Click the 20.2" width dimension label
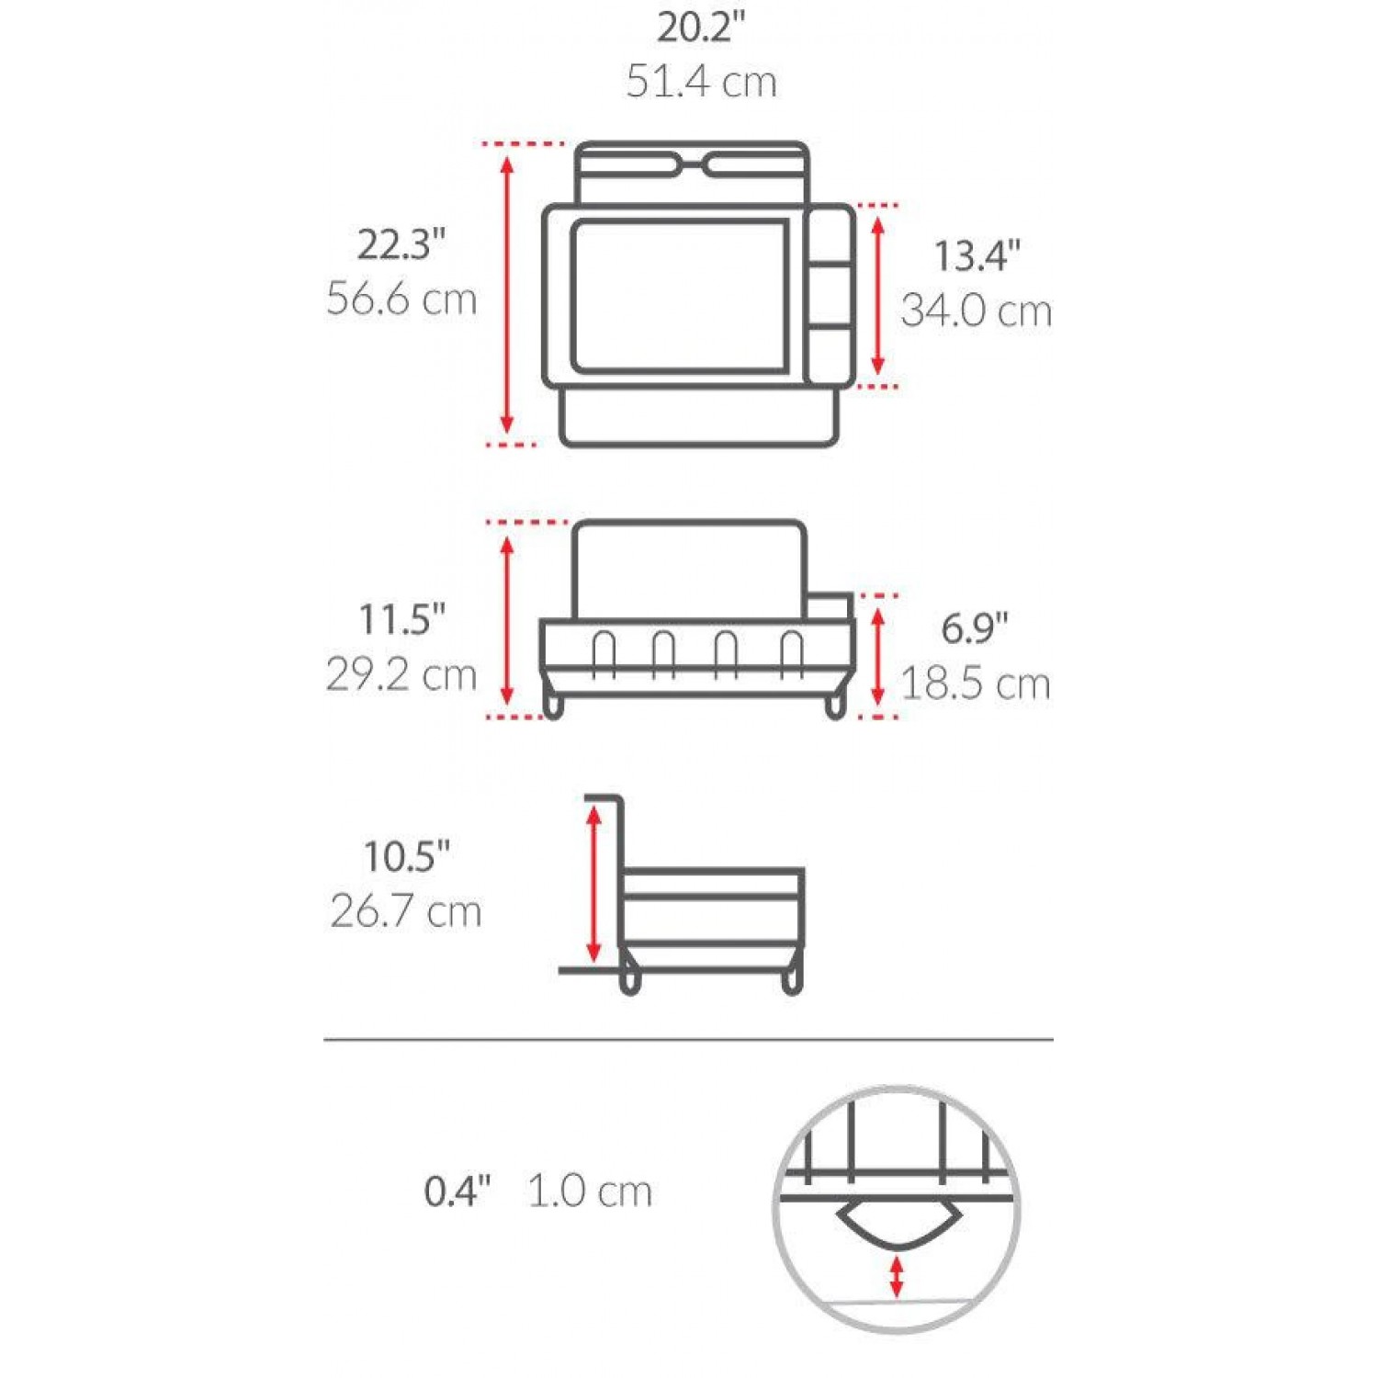(701, 28)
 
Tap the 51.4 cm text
(702, 81)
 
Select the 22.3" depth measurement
(401, 245)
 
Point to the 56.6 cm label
(401, 299)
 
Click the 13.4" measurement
(977, 256)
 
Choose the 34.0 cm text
(976, 311)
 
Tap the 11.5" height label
(401, 619)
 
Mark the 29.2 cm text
(401, 675)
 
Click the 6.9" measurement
(975, 628)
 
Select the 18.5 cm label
(975, 684)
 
